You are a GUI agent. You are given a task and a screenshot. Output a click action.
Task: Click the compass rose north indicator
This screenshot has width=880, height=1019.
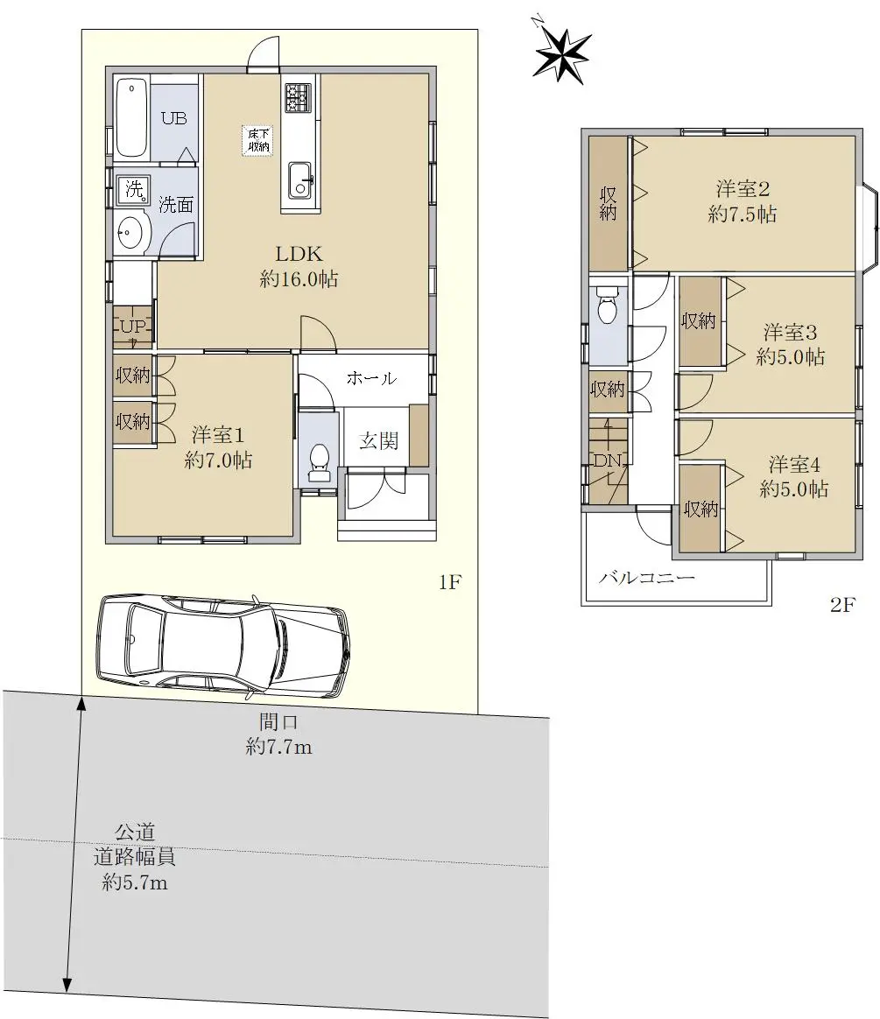pos(561,54)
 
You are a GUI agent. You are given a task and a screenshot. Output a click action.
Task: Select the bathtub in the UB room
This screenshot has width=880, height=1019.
pos(132,117)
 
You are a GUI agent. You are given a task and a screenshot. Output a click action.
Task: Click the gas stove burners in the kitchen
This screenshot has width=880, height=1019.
pos(299,97)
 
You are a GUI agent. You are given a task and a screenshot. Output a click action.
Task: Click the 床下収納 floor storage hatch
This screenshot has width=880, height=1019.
pos(258,140)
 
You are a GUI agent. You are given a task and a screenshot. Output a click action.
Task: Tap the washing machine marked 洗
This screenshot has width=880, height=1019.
pos(134,189)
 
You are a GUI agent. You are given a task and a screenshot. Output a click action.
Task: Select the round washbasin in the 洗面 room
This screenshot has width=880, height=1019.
pos(133,233)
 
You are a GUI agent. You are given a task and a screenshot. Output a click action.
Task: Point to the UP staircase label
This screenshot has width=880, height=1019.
pos(134,327)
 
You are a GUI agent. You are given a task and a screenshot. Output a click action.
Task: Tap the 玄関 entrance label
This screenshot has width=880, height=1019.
pos(379,440)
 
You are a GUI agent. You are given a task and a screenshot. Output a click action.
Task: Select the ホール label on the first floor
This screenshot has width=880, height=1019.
pos(371,377)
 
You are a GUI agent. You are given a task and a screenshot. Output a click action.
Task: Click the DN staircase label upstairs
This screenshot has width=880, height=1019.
pos(609,460)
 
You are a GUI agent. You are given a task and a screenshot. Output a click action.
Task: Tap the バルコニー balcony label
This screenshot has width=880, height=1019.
pos(647,577)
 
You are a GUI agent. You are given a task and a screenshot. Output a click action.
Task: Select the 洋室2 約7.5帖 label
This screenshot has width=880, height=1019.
pos(743,201)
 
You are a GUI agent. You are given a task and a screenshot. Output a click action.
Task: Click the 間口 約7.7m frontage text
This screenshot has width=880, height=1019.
pos(278,734)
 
